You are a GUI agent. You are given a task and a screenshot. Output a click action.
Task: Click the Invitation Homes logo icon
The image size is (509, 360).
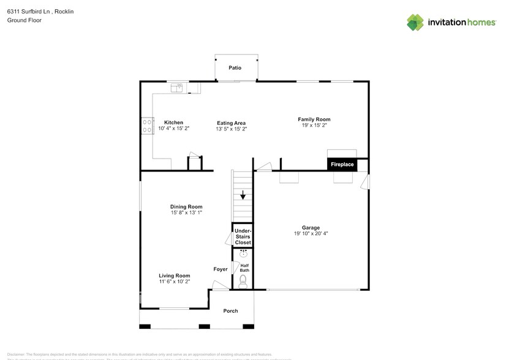pos(416,22)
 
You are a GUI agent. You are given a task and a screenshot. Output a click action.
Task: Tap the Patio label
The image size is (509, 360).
pos(234,68)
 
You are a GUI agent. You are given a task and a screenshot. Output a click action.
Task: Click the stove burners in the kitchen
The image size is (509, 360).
pos(147,126)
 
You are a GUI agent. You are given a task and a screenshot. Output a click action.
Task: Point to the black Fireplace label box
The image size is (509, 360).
pos(342,165)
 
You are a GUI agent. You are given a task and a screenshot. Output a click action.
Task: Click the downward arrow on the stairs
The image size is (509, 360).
pos(243,196)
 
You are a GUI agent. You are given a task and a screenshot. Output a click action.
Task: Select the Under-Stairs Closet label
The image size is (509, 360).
pos(243,237)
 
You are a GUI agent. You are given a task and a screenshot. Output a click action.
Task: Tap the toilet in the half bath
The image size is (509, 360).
pos(243,280)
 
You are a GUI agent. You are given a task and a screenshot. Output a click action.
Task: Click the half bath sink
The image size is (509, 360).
pos(243,253)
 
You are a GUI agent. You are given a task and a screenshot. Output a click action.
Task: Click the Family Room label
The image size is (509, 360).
pos(314,119)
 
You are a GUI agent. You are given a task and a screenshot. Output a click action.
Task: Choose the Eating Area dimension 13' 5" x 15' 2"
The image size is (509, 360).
pos(231,129)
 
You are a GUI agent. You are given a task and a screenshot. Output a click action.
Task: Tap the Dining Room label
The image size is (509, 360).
pos(186,207)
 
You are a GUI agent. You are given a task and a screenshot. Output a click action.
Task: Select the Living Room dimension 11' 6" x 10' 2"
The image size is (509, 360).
pos(175,282)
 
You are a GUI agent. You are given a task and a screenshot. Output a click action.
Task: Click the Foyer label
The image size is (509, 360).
pos(221,269)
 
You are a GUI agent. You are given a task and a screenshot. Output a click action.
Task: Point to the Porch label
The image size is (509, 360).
pos(230,311)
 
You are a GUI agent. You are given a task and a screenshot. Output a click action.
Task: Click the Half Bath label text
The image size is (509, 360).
pos(244,268)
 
